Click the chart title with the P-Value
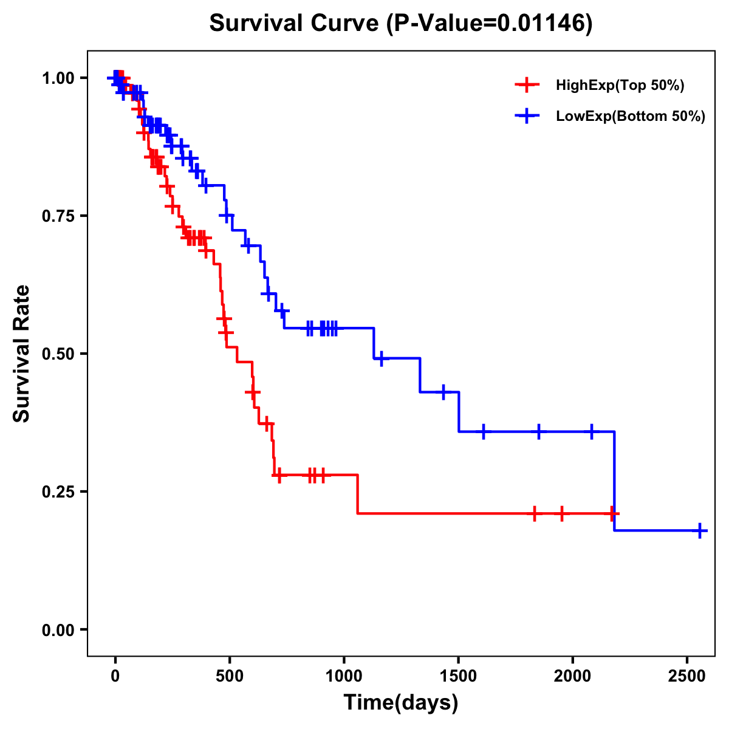click(x=400, y=24)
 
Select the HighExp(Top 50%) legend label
click(x=620, y=86)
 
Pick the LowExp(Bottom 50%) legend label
click(x=630, y=117)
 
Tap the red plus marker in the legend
click(x=527, y=85)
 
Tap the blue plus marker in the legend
click(x=527, y=116)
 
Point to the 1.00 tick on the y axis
click(x=58, y=78)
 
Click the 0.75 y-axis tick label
click(x=58, y=216)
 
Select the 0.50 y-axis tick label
click(x=58, y=354)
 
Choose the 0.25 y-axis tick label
click(x=58, y=492)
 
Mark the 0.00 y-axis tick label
click(x=58, y=630)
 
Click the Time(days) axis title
click(x=401, y=703)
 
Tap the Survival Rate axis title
click(x=22, y=354)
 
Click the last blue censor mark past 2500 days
click(x=700, y=530)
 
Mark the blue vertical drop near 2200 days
click(x=614, y=480)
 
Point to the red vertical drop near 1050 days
click(x=357, y=494)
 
